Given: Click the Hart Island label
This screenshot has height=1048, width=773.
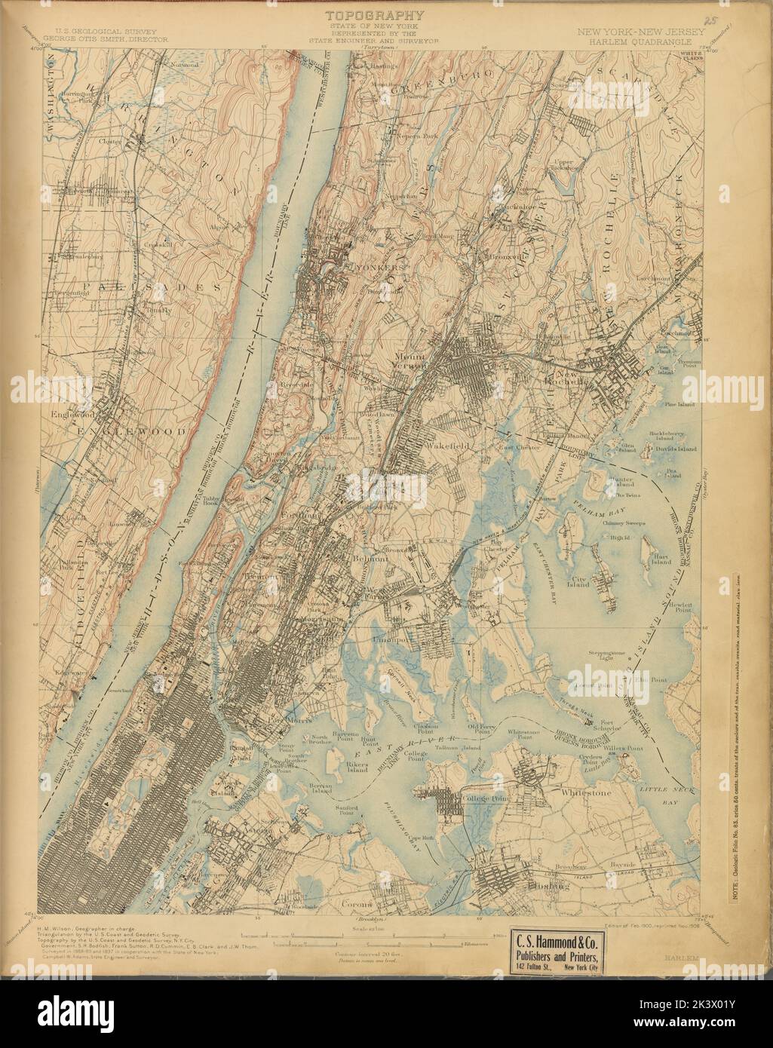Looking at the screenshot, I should pos(661,559).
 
